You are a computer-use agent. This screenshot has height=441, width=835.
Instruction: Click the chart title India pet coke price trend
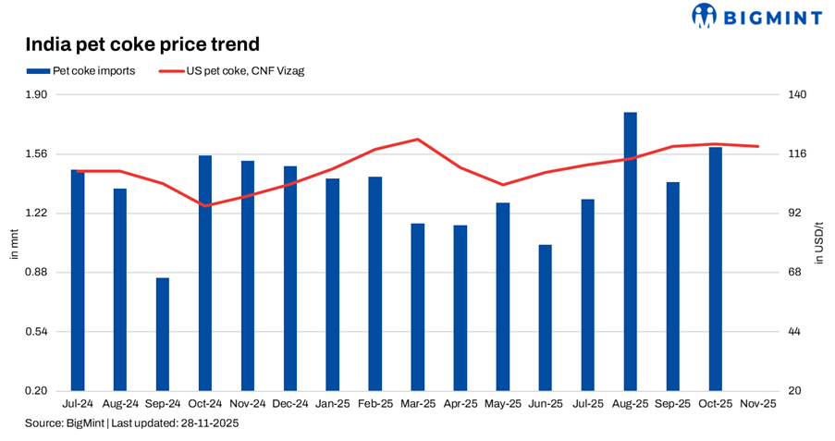tap(141, 43)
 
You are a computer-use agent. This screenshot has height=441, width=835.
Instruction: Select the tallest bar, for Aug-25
tap(631, 251)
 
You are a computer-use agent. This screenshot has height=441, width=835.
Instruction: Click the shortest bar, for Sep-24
tap(163, 334)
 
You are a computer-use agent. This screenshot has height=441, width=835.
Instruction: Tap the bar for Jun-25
tap(546, 317)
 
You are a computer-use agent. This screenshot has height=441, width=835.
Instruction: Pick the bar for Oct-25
tap(716, 268)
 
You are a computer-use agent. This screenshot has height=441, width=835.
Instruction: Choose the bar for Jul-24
tap(78, 280)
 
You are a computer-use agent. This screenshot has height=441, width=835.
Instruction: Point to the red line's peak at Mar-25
tap(418, 140)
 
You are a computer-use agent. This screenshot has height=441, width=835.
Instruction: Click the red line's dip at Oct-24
tap(205, 205)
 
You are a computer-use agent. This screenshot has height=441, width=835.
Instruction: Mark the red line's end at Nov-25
tap(758, 146)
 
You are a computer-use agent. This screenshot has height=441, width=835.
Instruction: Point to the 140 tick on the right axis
tap(796, 95)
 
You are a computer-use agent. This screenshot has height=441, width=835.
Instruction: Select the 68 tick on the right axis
tap(793, 273)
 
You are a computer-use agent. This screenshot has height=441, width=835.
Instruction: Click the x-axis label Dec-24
tap(290, 404)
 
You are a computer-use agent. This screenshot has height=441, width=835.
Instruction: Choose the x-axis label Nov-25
tap(758, 404)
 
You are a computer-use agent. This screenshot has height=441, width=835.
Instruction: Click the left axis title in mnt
tap(14, 243)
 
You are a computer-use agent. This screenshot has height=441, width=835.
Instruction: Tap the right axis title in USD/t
tap(818, 243)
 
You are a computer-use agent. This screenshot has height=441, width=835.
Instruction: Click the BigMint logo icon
tap(705, 16)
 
